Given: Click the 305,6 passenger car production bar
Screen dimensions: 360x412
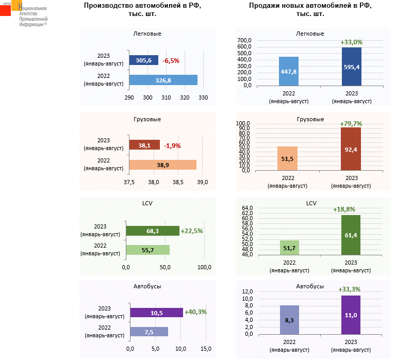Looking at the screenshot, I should tap(143, 61).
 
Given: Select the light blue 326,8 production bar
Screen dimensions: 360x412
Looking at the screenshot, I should tap(163, 80).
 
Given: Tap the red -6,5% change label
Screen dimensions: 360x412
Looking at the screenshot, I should tap(171, 61).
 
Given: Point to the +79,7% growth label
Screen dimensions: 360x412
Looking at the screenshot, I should tap(351, 124).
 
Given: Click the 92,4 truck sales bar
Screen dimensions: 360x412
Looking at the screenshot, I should tap(351, 149).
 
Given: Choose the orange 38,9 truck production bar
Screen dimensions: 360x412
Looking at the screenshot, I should tap(162, 165).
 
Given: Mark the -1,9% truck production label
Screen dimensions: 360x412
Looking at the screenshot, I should tap(172, 146).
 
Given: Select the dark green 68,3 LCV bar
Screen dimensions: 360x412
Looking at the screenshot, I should tap(153, 231).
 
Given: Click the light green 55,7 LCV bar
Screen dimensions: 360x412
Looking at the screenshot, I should tap(147, 250).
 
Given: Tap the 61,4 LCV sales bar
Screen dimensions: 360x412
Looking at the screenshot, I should tap(351, 235).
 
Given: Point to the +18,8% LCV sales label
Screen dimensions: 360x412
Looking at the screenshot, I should tap(351, 209).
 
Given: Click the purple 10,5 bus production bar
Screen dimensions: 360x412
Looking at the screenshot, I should tap(156, 313).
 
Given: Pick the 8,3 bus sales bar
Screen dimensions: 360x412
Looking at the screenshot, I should tap(289, 320).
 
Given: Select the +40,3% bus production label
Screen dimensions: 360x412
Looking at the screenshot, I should tap(195, 312).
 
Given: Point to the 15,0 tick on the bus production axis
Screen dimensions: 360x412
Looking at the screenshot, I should tap(205, 349).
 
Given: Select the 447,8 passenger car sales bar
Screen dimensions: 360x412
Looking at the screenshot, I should tap(289, 71).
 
